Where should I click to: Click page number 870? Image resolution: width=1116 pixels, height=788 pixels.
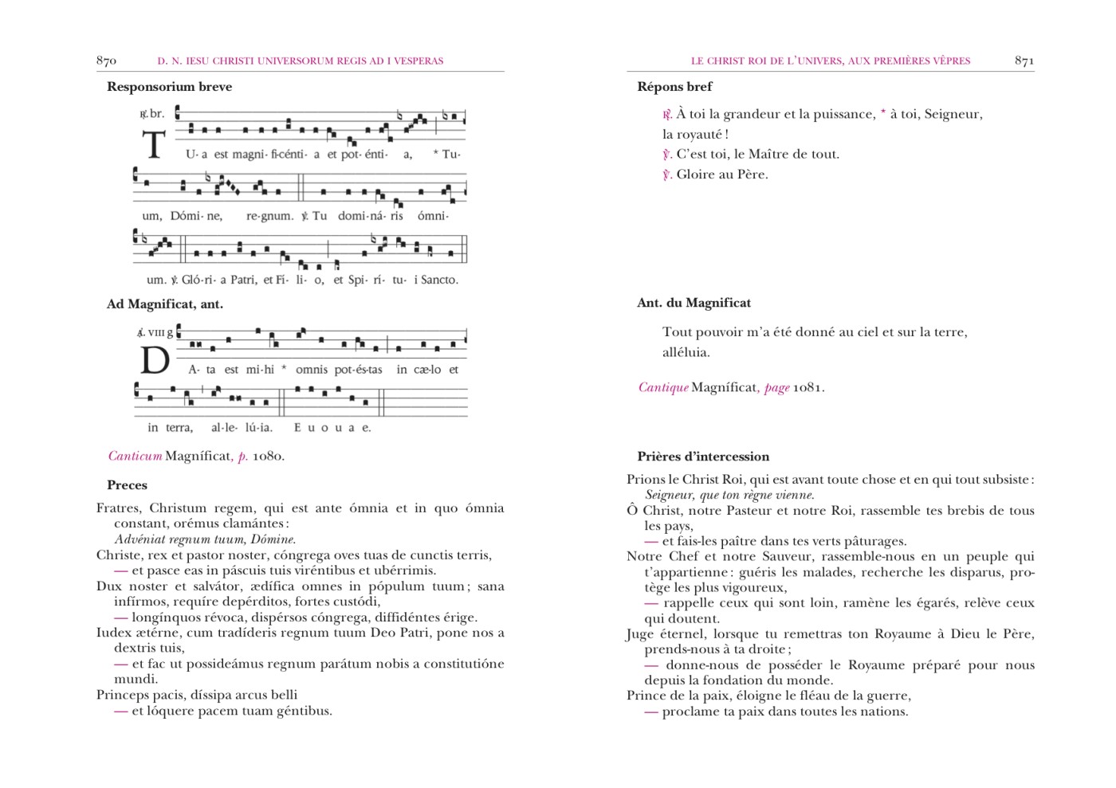click(106, 61)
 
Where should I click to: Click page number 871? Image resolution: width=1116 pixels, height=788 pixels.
click(1024, 61)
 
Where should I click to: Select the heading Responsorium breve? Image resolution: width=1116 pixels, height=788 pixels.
click(169, 87)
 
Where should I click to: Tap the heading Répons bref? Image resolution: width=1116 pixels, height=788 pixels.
click(674, 87)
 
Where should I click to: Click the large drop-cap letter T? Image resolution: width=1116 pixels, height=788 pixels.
click(154, 146)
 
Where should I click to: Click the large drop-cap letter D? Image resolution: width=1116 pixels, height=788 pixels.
click(155, 361)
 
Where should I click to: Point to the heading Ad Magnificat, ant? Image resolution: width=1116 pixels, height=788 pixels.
click(165, 304)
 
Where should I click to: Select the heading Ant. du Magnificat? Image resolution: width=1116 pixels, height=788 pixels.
click(694, 303)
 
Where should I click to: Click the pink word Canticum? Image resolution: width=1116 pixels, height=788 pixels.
click(135, 457)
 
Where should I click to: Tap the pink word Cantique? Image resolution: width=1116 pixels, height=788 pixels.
click(663, 388)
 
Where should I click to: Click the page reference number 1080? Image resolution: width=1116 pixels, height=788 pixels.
click(268, 457)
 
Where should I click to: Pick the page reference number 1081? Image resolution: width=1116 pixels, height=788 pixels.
click(807, 388)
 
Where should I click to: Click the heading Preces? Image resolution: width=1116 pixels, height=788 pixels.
click(127, 485)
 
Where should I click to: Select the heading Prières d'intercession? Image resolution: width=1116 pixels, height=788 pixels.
click(703, 457)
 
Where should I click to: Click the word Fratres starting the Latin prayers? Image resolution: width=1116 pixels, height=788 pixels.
click(119, 508)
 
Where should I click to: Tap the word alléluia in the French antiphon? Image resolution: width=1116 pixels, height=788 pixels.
click(686, 352)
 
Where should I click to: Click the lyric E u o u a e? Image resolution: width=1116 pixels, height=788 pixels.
click(332, 428)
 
